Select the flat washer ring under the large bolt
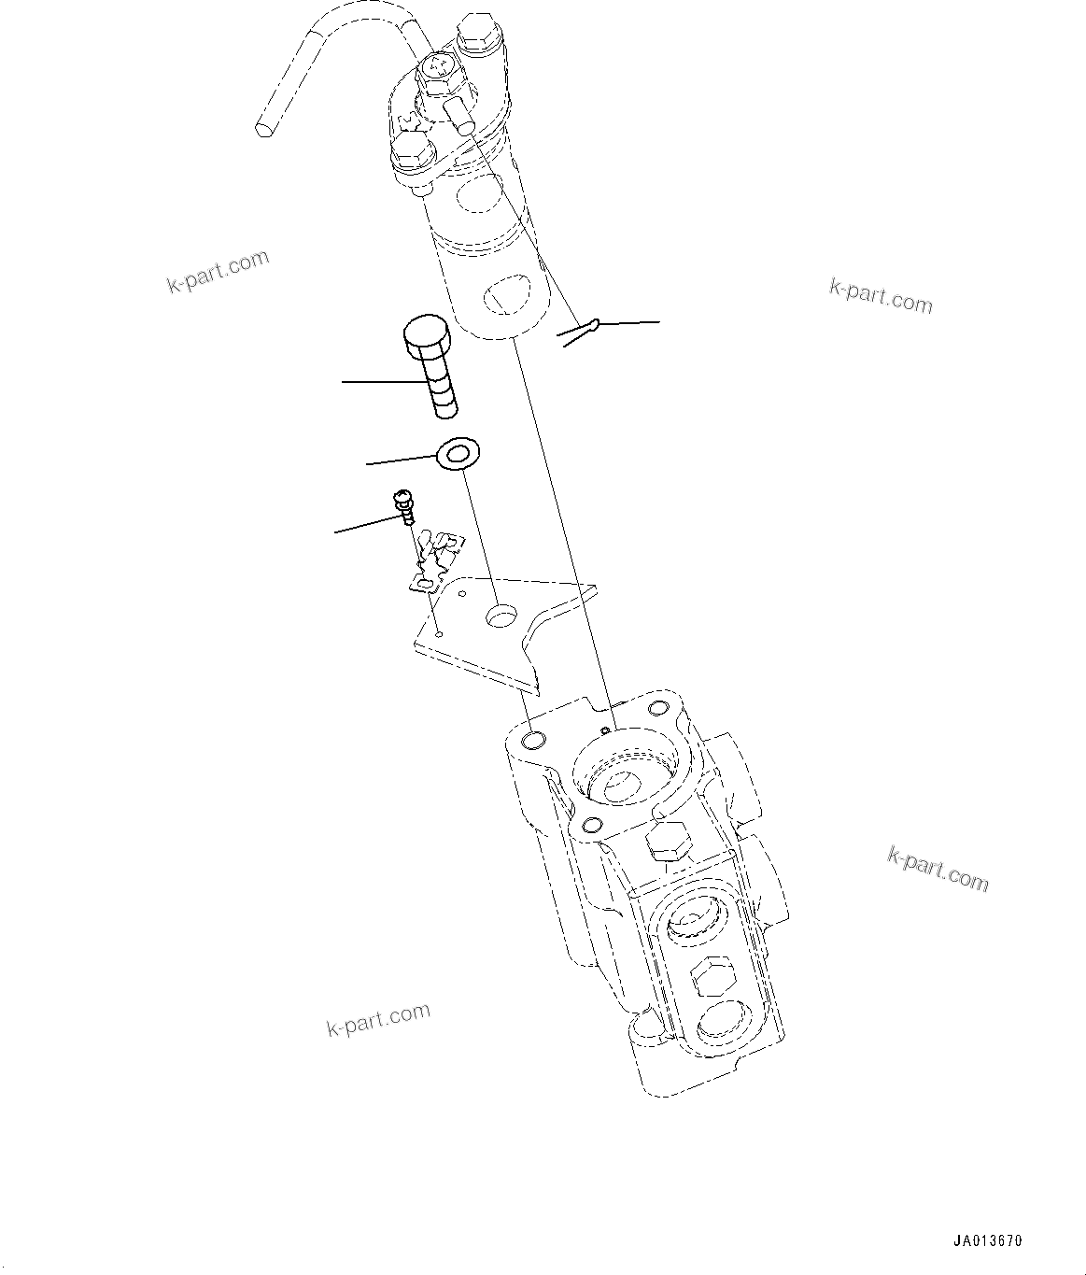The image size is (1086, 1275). click(x=458, y=455)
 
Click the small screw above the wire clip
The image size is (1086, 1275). click(x=405, y=504)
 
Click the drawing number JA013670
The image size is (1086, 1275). click(x=988, y=1241)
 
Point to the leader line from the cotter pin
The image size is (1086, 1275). click(x=628, y=323)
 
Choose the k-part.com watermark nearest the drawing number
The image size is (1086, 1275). click(x=937, y=869)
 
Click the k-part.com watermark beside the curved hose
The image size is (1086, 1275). click(x=219, y=271)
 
